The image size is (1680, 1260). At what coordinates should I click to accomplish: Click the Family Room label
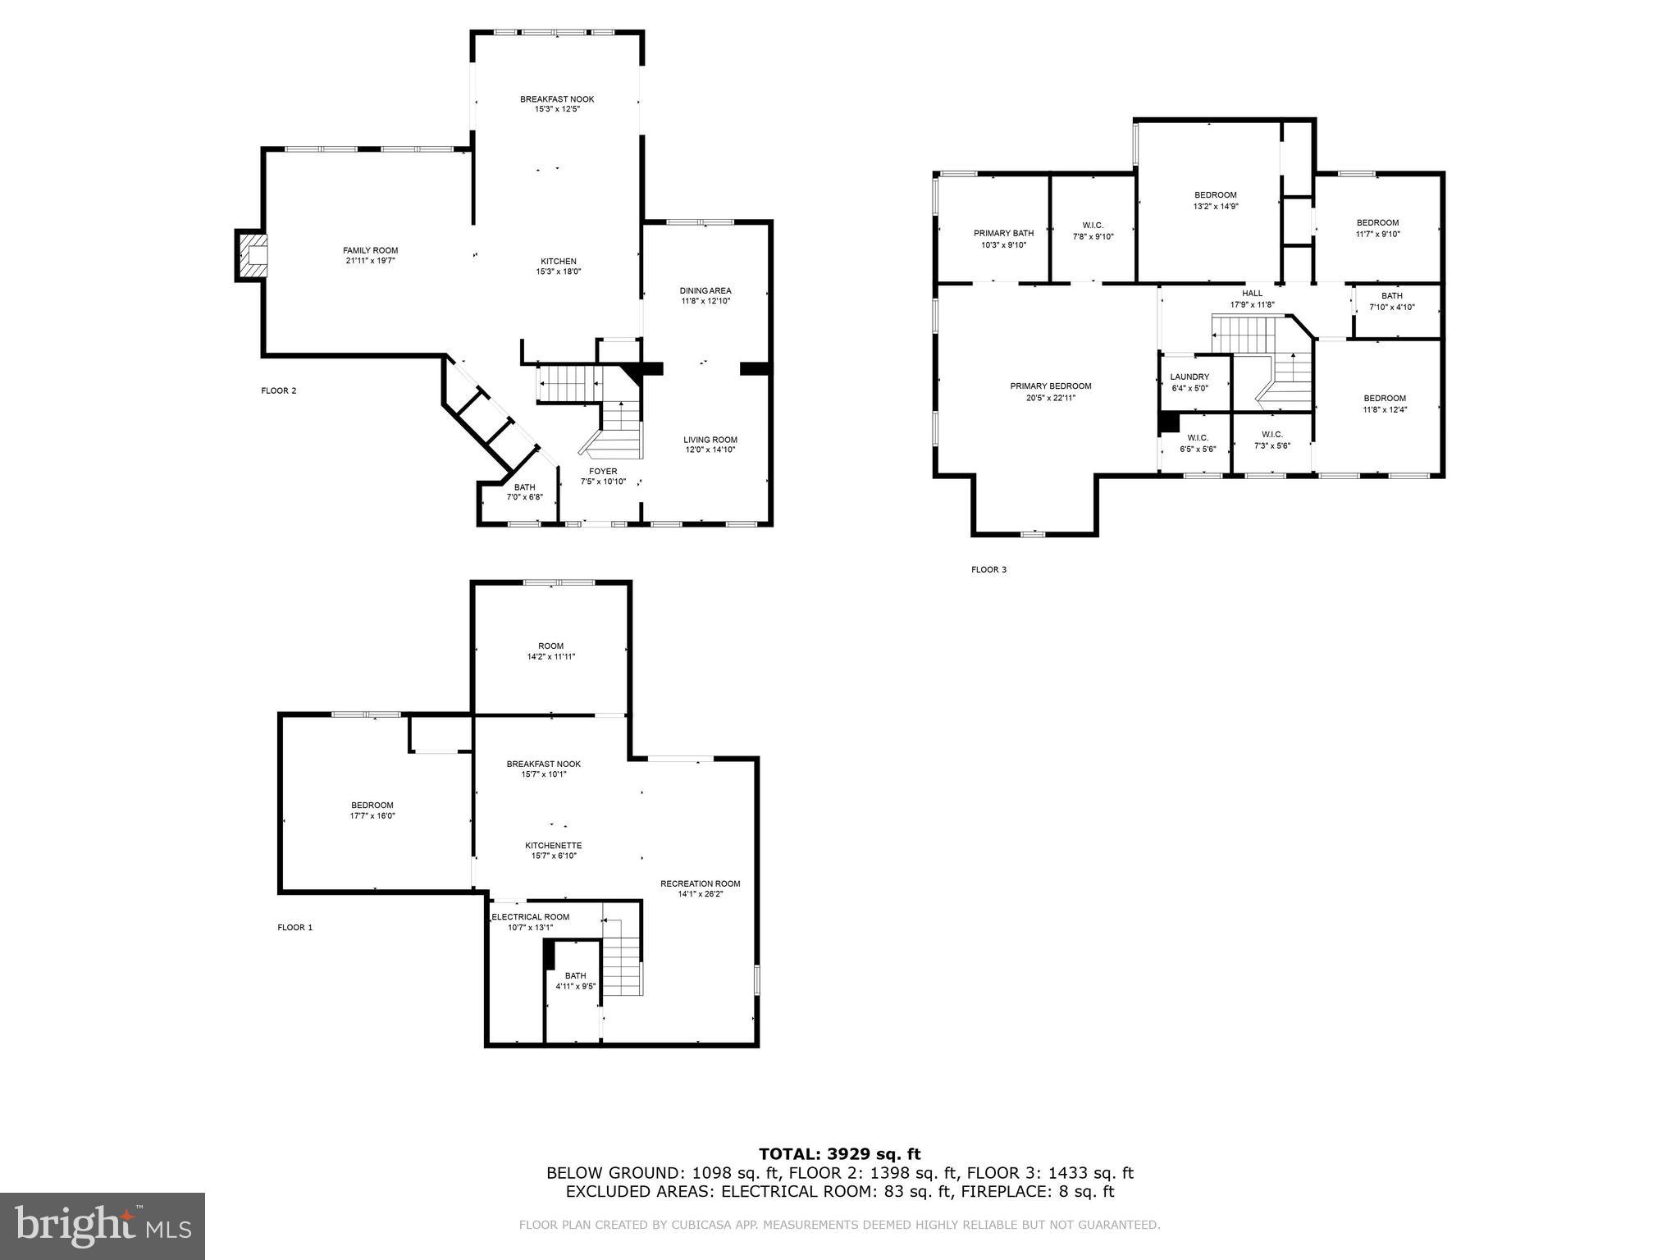coord(370,250)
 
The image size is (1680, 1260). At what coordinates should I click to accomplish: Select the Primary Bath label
coord(1003,233)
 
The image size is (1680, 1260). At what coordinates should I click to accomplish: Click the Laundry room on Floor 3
coord(1189,381)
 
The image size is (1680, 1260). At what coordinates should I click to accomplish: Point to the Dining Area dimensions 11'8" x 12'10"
coord(705,301)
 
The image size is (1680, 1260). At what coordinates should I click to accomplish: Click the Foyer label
coord(603,471)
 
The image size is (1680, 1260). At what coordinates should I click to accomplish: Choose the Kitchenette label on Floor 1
coord(554,845)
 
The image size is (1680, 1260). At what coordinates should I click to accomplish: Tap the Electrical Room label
coord(530,917)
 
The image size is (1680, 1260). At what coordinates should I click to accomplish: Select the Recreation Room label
coord(700,883)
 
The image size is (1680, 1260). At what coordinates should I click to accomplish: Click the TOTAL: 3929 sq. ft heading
coord(839,1154)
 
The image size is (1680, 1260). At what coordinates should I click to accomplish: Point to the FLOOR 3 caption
coord(988,569)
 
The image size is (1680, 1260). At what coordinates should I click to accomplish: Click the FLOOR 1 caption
coord(295,928)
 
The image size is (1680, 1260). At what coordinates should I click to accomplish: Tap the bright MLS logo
coord(103,1226)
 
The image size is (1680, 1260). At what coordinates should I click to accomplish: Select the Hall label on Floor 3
coord(1252,293)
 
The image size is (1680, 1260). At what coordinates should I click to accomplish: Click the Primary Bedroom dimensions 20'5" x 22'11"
coord(1050,398)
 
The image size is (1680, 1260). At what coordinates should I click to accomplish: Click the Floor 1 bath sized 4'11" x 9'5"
coord(575,980)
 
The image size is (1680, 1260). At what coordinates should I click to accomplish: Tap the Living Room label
coord(710,440)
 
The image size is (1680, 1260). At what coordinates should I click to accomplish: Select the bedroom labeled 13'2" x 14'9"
coord(1215,200)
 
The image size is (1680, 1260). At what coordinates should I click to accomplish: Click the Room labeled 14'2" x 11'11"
coord(550,651)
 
